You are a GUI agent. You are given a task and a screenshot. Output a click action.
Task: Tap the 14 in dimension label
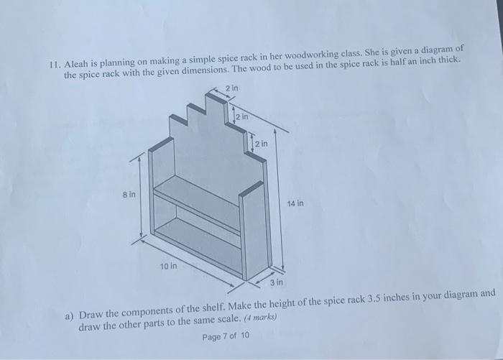coord(295,203)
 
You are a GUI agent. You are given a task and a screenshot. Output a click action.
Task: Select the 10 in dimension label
coord(168,266)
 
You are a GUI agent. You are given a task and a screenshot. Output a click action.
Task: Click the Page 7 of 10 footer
coord(226,336)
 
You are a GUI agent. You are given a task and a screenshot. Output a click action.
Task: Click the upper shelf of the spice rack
coord(198,201)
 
